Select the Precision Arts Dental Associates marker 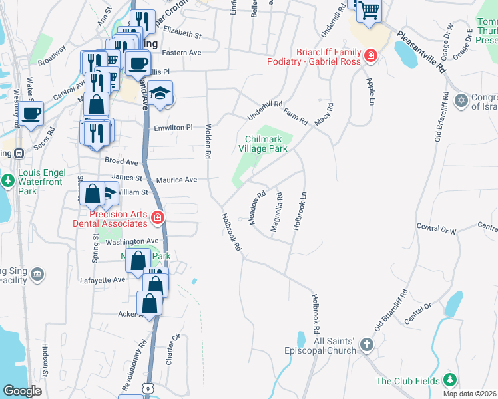click(x=158, y=217)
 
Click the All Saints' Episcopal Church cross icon click(x=366, y=344)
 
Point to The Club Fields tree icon click(x=451, y=380)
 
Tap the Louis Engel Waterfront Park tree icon click(x=7, y=180)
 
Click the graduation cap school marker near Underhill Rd click(x=160, y=94)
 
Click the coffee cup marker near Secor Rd click(x=31, y=113)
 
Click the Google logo click(x=22, y=391)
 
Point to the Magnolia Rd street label click(x=277, y=212)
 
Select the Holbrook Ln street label click(x=300, y=211)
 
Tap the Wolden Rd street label click(x=208, y=140)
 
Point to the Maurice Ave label click(x=176, y=180)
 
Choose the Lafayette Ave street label click(x=102, y=280)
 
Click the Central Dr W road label click(x=437, y=229)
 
